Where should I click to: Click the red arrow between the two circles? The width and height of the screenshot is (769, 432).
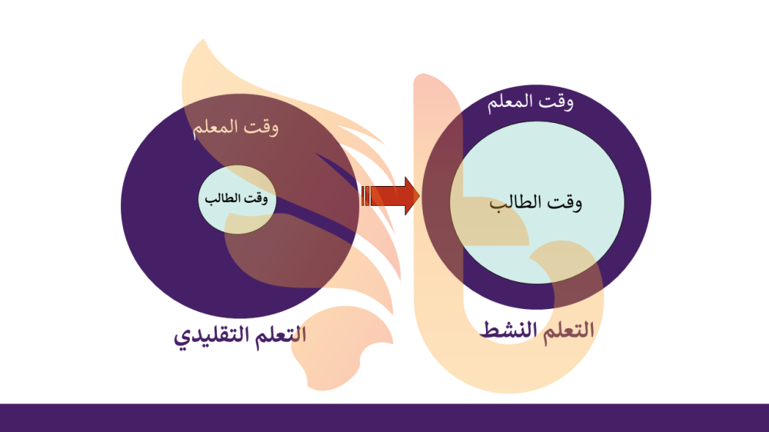(x=391, y=196)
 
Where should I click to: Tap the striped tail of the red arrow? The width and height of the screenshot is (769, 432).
(x=365, y=196)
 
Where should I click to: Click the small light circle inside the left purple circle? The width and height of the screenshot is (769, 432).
(x=238, y=199)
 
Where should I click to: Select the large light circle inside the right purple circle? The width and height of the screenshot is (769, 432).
(x=537, y=202)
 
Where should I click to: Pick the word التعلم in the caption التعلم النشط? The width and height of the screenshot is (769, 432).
(x=568, y=331)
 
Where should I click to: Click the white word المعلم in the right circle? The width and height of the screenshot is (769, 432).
(x=510, y=102)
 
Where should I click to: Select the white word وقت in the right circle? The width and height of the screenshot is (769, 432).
(x=556, y=102)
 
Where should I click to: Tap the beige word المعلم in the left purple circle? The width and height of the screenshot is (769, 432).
(x=215, y=128)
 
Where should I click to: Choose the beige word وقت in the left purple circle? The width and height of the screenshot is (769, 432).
(x=261, y=128)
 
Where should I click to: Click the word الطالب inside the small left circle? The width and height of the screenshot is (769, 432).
(x=223, y=198)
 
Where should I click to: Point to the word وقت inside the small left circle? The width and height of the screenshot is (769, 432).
(x=257, y=198)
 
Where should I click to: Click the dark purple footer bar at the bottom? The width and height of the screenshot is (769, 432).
(x=384, y=418)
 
